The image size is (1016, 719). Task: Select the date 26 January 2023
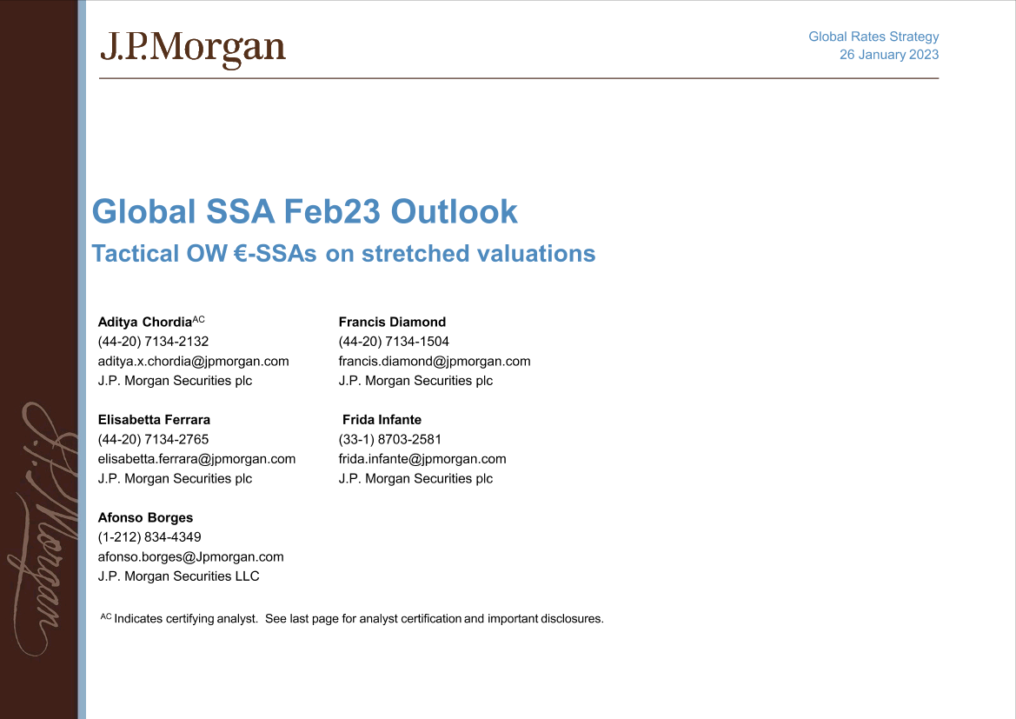(x=888, y=55)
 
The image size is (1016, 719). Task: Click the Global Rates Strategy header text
(x=873, y=37)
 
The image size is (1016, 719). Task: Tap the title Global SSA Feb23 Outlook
(x=304, y=211)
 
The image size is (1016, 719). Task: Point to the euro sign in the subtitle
(x=243, y=254)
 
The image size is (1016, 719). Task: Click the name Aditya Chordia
(x=144, y=322)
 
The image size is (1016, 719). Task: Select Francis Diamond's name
(x=392, y=322)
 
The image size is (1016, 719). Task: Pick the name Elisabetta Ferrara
(x=154, y=419)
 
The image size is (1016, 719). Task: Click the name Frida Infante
(x=382, y=419)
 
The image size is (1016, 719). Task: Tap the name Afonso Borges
(x=145, y=517)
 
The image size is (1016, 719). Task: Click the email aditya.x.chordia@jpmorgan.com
(x=193, y=361)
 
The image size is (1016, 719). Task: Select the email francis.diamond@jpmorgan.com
(x=434, y=361)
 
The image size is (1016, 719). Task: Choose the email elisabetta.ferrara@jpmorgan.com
(x=196, y=458)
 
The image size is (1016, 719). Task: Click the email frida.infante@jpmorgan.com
(x=422, y=458)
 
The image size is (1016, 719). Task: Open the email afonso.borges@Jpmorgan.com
(x=190, y=556)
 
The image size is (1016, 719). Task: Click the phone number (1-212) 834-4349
(x=149, y=537)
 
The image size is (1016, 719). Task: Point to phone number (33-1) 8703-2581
(x=389, y=439)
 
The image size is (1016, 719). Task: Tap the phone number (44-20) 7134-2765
(x=153, y=439)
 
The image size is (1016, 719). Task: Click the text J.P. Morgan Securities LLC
(x=178, y=576)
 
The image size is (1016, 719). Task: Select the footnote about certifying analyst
(x=352, y=619)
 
